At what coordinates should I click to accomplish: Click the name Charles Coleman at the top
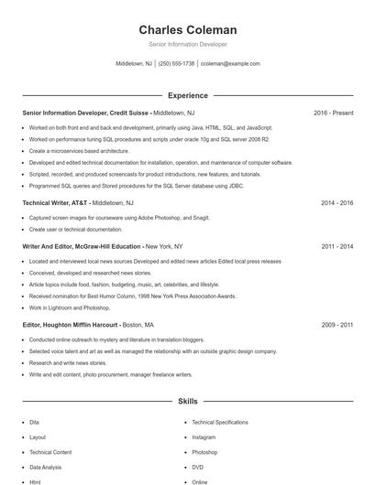(x=188, y=30)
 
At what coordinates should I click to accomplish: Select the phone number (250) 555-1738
(x=176, y=64)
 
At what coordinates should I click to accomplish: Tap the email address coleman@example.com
(x=230, y=64)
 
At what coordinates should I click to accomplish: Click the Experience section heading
(x=188, y=95)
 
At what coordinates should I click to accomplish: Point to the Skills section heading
(x=188, y=401)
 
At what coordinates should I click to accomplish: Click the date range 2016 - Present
(x=333, y=113)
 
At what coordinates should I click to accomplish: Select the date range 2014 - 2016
(x=337, y=202)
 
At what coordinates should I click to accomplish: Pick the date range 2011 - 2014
(x=337, y=246)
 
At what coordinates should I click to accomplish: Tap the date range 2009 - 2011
(x=337, y=324)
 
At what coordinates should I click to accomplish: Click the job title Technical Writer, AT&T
(x=54, y=202)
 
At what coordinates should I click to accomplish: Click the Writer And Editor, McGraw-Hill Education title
(x=82, y=246)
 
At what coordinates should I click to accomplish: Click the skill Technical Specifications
(x=220, y=422)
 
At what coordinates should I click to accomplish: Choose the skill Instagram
(x=205, y=437)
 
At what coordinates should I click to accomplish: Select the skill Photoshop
(x=205, y=452)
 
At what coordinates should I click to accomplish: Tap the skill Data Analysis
(x=47, y=467)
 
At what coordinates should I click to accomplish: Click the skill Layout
(x=38, y=437)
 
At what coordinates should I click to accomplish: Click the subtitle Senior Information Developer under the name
(x=188, y=44)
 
